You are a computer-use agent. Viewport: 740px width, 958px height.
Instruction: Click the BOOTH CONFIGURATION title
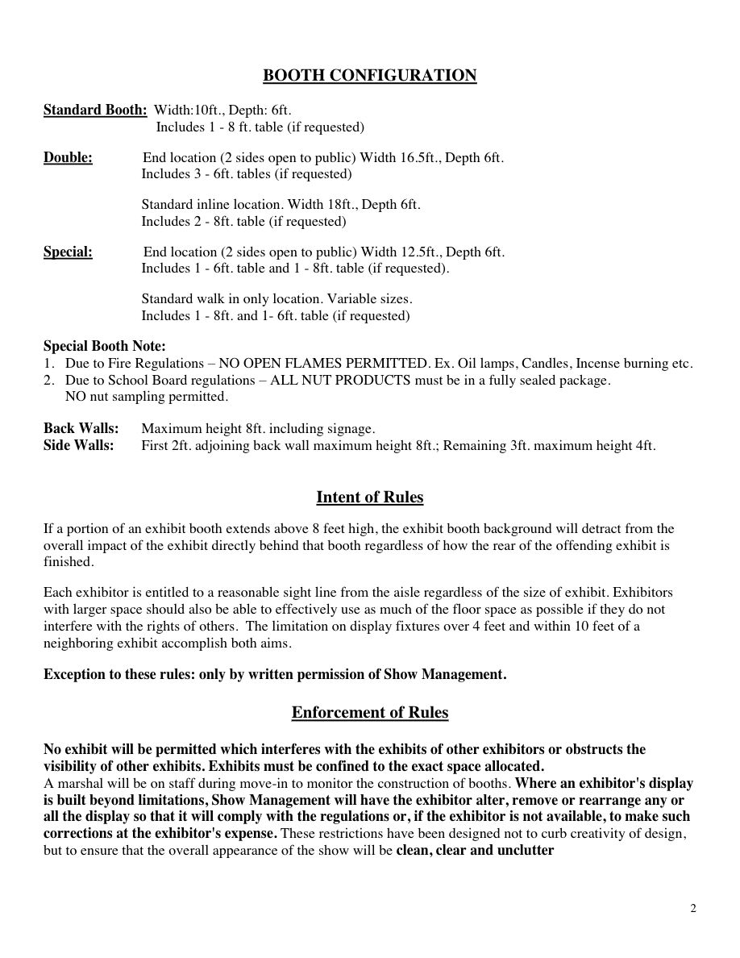370,76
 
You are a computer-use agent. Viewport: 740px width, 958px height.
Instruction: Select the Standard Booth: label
95,110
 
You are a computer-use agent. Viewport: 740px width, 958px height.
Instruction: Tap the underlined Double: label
68,157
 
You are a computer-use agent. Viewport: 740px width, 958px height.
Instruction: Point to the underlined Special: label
68,252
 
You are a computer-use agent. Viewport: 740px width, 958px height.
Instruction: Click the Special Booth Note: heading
105,347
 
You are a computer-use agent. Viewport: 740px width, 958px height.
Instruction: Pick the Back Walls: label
81,428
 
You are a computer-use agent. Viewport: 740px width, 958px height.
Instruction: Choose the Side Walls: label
78,444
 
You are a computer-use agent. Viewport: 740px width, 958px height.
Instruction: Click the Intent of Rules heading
370,498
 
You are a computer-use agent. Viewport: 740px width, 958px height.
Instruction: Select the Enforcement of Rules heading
370,713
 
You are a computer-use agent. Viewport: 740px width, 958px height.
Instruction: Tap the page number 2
693,909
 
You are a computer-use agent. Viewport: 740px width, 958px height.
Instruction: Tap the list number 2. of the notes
49,380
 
